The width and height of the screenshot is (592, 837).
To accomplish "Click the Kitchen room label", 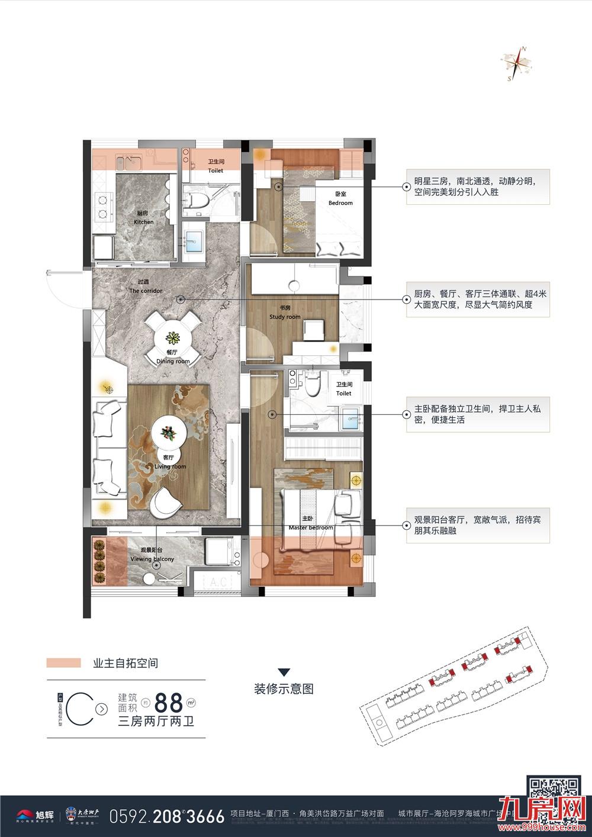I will (143, 218).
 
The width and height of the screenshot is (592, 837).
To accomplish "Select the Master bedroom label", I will (311, 523).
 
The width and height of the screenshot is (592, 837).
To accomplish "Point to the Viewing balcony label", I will (152, 555).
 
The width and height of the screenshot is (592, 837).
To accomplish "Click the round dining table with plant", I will (173, 339).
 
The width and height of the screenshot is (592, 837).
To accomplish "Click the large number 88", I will (168, 703).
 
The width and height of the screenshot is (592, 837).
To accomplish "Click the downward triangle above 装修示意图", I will (284, 671).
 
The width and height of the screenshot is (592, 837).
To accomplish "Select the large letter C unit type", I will (79, 707).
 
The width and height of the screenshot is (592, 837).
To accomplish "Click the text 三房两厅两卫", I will (157, 721).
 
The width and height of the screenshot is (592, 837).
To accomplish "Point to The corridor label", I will (145, 287).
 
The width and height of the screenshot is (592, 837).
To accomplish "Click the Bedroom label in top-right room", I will (340, 198).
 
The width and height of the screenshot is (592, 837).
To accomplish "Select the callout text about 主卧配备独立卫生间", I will (474, 414).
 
